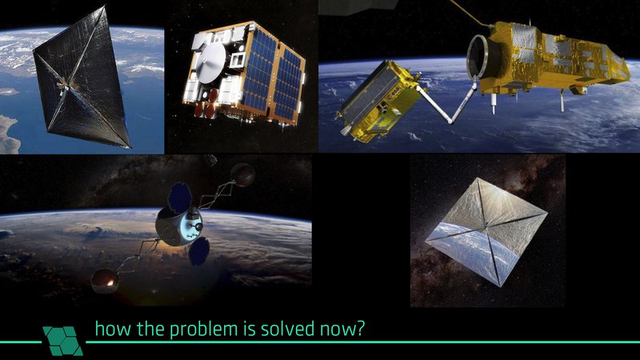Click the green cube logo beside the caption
tap(64, 339)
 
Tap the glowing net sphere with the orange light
tap(104, 279)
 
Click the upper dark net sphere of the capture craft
tap(242, 174)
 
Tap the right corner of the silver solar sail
tap(547, 214)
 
